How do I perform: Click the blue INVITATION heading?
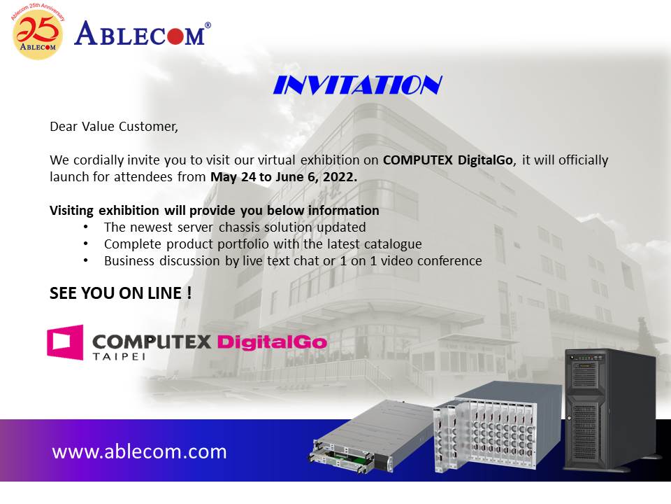click(x=358, y=85)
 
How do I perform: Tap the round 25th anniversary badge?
click(x=38, y=34)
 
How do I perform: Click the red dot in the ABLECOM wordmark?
click(x=175, y=36)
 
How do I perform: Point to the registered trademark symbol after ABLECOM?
click(x=208, y=25)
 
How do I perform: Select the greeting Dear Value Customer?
click(x=114, y=127)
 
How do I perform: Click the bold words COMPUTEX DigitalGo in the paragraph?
click(x=447, y=160)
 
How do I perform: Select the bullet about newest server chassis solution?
click(x=235, y=227)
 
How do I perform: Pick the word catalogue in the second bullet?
click(x=393, y=244)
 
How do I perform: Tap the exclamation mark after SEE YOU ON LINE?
click(x=189, y=293)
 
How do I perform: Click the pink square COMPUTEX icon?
click(x=65, y=342)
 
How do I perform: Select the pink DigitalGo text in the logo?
click(x=272, y=342)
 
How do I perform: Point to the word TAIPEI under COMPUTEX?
click(x=119, y=356)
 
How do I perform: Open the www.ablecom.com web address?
click(x=139, y=451)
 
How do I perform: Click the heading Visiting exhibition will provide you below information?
click(x=215, y=211)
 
